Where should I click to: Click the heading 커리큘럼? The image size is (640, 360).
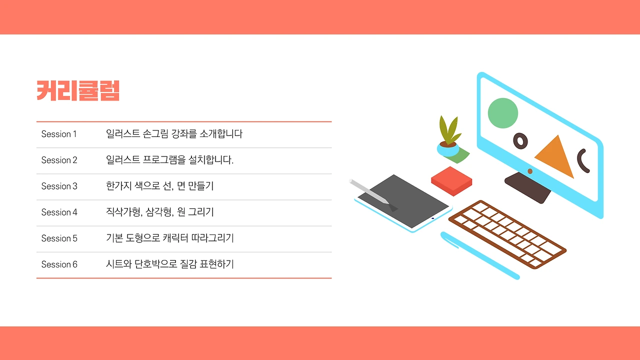[78, 90]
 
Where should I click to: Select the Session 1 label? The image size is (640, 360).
[59, 134]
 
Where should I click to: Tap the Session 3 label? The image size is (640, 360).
[59, 186]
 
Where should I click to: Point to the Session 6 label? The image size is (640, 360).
[59, 264]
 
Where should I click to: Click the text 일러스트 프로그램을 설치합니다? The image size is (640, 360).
[169, 160]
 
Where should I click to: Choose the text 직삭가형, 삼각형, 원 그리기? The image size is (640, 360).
[159, 212]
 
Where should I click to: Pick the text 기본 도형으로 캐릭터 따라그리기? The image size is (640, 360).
[169, 238]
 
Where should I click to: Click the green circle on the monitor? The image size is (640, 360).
[502, 112]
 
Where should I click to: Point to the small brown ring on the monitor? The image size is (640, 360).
[520, 141]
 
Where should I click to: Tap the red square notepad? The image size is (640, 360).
[451, 180]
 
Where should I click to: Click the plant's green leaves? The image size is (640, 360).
[448, 129]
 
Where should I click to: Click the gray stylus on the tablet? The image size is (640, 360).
[370, 191]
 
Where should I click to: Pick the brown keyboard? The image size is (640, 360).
[507, 233]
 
